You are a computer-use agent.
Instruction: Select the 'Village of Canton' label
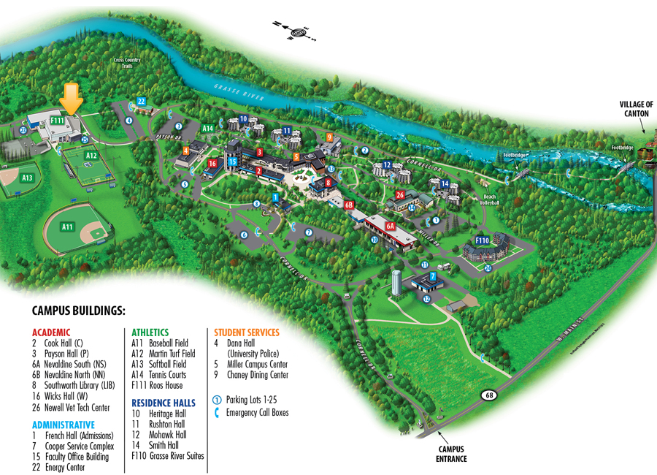636,109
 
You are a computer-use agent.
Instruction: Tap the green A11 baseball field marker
68,227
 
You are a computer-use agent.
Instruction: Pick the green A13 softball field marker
27,178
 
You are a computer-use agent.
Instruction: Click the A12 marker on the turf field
91,156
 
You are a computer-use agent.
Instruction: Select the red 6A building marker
391,226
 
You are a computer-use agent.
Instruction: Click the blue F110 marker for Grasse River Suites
482,240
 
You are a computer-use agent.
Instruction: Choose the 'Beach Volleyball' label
490,200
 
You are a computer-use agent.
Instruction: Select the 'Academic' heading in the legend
51,331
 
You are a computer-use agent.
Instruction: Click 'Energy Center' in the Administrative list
65,468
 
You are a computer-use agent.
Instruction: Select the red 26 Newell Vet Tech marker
399,195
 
